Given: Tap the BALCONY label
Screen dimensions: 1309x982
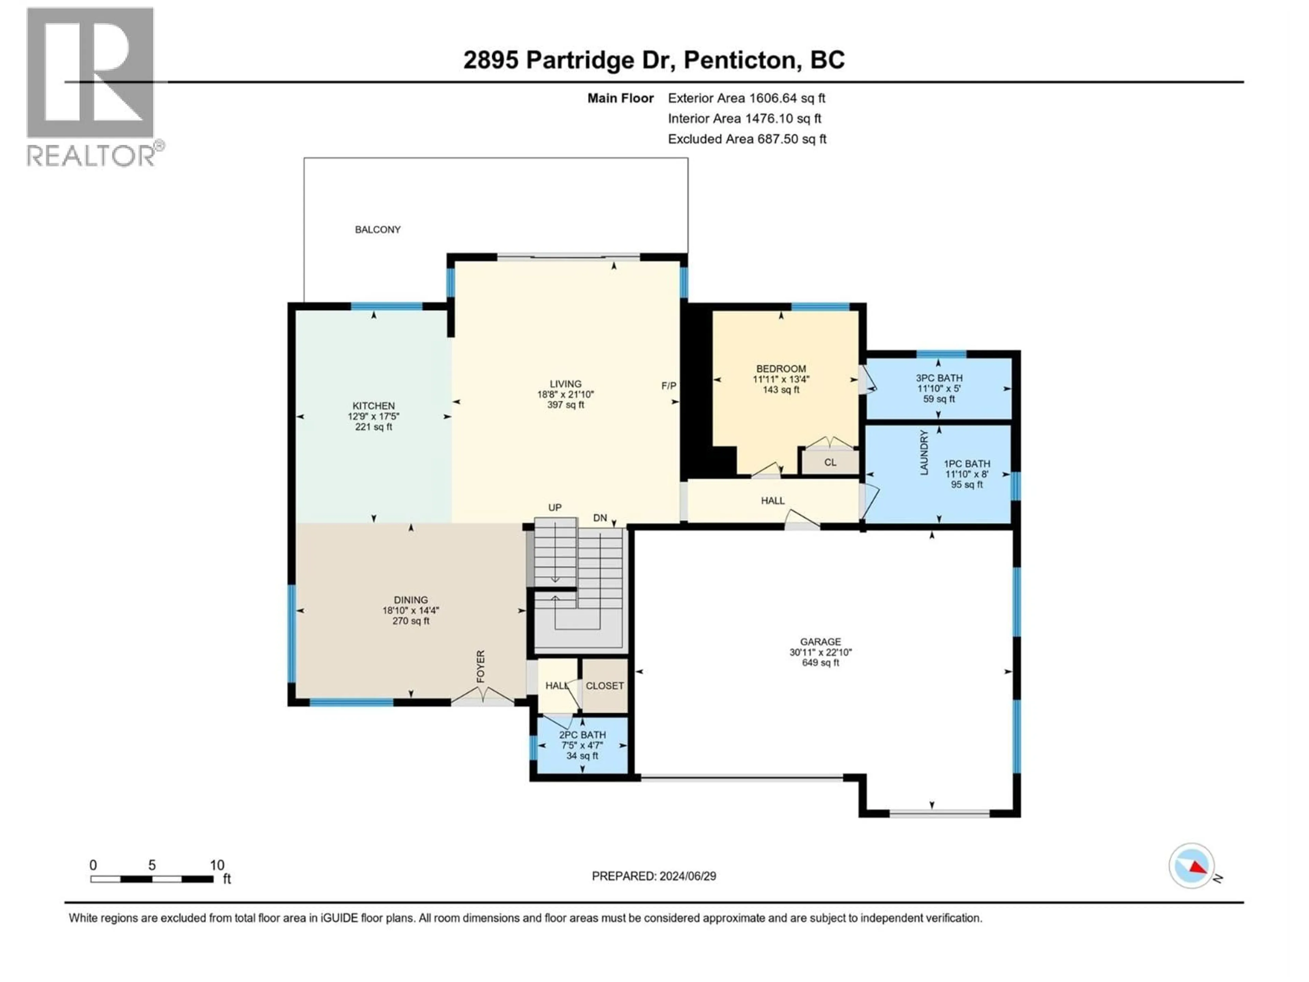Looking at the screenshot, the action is coord(378,230).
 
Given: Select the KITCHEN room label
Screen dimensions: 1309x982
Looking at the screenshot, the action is coord(373,405).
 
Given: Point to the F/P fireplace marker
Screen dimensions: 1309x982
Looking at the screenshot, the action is coord(669,386).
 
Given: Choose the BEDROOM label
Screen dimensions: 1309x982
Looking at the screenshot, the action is coord(781,369).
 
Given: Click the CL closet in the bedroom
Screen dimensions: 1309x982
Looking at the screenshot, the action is coord(830,462).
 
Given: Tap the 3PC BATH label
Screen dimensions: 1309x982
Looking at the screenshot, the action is coord(939,378).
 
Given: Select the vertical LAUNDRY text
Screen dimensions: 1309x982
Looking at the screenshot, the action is coord(924,453).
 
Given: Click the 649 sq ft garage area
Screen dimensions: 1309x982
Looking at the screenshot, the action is coord(820,663).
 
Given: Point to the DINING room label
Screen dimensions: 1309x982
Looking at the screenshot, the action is coord(411,600).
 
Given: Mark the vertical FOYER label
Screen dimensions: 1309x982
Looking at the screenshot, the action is coord(481,666).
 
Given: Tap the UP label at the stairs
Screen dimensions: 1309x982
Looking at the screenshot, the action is coord(555,507).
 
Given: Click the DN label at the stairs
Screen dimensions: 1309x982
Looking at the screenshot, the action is coord(600,518).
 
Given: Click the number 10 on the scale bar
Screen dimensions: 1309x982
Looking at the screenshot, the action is coord(217,865).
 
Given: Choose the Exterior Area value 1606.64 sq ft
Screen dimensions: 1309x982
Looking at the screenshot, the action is coord(787,98).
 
